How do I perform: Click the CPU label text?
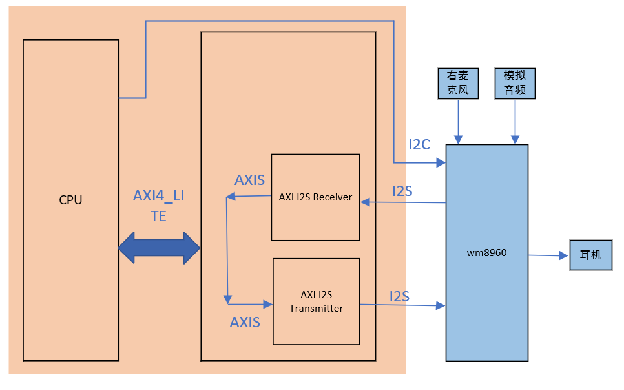pyautogui.click(x=70, y=200)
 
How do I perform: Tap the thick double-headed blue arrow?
pyautogui.click(x=159, y=248)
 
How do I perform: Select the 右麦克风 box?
pyautogui.click(x=458, y=83)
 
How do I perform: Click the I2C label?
pyautogui.click(x=419, y=144)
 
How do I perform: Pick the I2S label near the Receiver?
pyautogui.click(x=402, y=191)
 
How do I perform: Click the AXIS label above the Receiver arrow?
pyautogui.click(x=249, y=180)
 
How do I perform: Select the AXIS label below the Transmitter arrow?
pyautogui.click(x=245, y=321)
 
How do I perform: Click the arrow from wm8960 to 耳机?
pyautogui.click(x=548, y=255)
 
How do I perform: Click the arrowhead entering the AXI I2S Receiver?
pyautogui.click(x=365, y=202)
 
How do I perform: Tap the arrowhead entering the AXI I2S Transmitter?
pyautogui.click(x=269, y=303)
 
